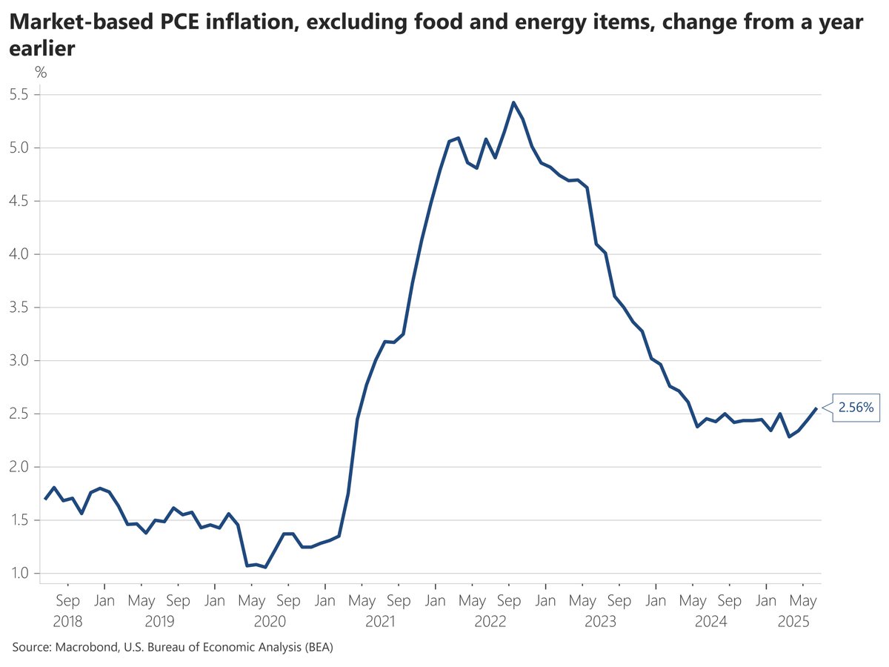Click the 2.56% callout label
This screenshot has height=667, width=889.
(x=856, y=408)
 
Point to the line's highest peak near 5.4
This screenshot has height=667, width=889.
(x=513, y=103)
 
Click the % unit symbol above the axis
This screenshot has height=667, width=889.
(x=41, y=72)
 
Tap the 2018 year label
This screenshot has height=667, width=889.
(x=67, y=622)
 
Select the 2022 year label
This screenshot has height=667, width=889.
(x=490, y=622)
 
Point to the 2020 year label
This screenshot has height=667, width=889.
(x=270, y=622)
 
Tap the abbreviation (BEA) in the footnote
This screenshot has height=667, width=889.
(x=315, y=648)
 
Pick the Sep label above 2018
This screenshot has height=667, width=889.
(x=67, y=600)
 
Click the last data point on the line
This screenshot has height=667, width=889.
(x=816, y=408)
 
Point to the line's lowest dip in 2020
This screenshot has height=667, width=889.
(x=265, y=568)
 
